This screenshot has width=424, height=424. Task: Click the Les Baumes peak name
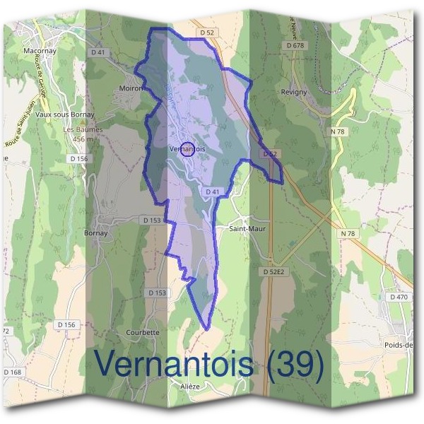[83, 130]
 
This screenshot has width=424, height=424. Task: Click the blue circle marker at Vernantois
[187, 148]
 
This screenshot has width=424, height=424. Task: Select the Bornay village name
[95, 232]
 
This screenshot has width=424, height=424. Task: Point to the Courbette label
[142, 332]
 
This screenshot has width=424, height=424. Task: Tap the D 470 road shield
[399, 298]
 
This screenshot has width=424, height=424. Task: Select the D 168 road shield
[13, 372]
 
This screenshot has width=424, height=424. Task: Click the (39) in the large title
[293, 364]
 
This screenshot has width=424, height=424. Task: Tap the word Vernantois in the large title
[174, 364]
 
